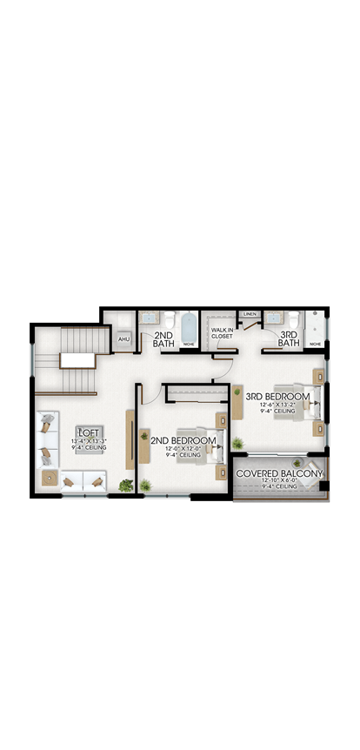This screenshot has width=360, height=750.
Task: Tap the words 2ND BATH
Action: [x=163, y=338]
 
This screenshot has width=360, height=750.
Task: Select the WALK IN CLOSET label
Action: [x=221, y=332]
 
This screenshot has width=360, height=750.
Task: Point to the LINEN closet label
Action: [x=250, y=314]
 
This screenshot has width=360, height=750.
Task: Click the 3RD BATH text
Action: [x=289, y=338]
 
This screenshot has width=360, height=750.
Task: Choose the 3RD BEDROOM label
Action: [x=277, y=396]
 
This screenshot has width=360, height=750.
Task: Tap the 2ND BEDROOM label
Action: [x=183, y=440]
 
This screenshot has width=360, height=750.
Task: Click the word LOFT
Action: [x=89, y=432]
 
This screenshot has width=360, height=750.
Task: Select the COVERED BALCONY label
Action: [x=280, y=473]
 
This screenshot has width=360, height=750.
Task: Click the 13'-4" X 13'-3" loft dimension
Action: [x=89, y=441]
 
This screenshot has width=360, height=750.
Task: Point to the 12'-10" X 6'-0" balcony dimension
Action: [x=280, y=481]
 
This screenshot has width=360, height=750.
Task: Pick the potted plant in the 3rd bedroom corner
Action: [x=238, y=444]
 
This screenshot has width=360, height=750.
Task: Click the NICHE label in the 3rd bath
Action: [x=315, y=344]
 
